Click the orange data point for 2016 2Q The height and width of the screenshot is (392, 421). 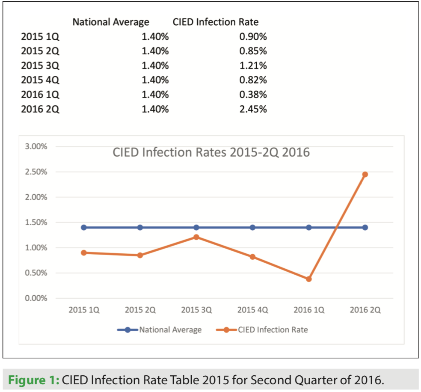[x=365, y=174]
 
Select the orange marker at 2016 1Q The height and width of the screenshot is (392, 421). [x=309, y=279]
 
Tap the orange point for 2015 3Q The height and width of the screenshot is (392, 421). [x=196, y=237]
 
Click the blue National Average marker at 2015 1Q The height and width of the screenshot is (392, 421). [x=84, y=227]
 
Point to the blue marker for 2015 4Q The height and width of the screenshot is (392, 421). [x=252, y=227]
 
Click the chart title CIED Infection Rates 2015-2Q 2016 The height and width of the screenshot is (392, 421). [x=211, y=152]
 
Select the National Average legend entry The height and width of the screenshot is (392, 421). [x=160, y=330]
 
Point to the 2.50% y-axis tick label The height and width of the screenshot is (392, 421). [x=36, y=172]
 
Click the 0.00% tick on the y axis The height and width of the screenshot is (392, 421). [x=36, y=298]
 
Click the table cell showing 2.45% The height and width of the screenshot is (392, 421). [x=253, y=109]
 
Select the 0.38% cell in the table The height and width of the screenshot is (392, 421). [x=253, y=95]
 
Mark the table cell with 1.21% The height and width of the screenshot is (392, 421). [x=253, y=65]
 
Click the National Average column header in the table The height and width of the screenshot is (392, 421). [x=111, y=22]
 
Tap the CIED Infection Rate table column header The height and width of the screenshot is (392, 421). [x=216, y=22]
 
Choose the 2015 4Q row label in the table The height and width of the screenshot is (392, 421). [x=40, y=80]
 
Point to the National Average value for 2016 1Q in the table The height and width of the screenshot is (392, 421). [x=155, y=95]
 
